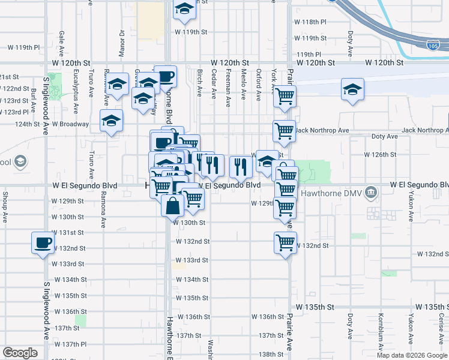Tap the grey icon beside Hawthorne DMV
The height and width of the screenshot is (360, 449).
click(372, 193)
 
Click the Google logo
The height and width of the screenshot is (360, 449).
click(20, 353)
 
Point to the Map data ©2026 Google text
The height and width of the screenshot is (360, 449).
click(412, 355)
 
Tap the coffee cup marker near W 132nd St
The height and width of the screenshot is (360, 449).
click(43, 243)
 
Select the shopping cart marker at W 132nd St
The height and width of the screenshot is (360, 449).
click(285, 243)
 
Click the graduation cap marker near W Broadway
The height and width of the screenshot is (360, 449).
click(112, 121)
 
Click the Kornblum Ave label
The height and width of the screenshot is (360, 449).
click(381, 329)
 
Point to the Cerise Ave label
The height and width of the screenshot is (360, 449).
click(441, 327)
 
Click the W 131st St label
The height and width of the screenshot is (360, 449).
click(67, 232)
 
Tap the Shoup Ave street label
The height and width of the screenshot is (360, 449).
click(5, 206)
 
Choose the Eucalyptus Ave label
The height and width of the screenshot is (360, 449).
click(76, 95)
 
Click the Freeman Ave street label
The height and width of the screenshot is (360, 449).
click(229, 88)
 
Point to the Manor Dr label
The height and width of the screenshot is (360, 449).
click(122, 42)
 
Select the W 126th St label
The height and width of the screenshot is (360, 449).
click(381, 154)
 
